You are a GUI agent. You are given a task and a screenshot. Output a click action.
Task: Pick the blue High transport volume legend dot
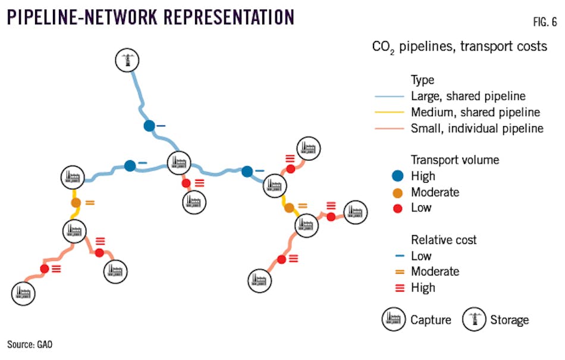coord(399,176)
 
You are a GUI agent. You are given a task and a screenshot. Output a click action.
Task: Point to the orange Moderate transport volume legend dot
coord(399,192)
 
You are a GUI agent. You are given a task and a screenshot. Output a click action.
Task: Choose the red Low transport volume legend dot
coord(399,208)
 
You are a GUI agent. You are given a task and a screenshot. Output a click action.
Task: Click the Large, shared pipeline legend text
coord(468,96)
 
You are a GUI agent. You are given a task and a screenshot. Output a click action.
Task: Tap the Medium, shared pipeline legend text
coord(475,112)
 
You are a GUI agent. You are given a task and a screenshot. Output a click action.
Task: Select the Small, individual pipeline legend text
coord(476,128)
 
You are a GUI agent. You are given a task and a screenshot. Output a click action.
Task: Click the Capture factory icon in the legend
coord(393,320)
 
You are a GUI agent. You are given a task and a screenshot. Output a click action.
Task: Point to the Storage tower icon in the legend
coord(473,320)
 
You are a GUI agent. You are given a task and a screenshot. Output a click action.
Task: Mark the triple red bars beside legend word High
coord(399,288)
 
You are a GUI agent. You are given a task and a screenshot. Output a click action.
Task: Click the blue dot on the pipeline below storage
coord(149,126)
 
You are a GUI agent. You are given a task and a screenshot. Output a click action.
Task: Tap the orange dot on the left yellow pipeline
coord(76,203)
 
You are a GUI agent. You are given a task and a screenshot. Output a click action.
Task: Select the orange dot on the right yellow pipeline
coord(289,208)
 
